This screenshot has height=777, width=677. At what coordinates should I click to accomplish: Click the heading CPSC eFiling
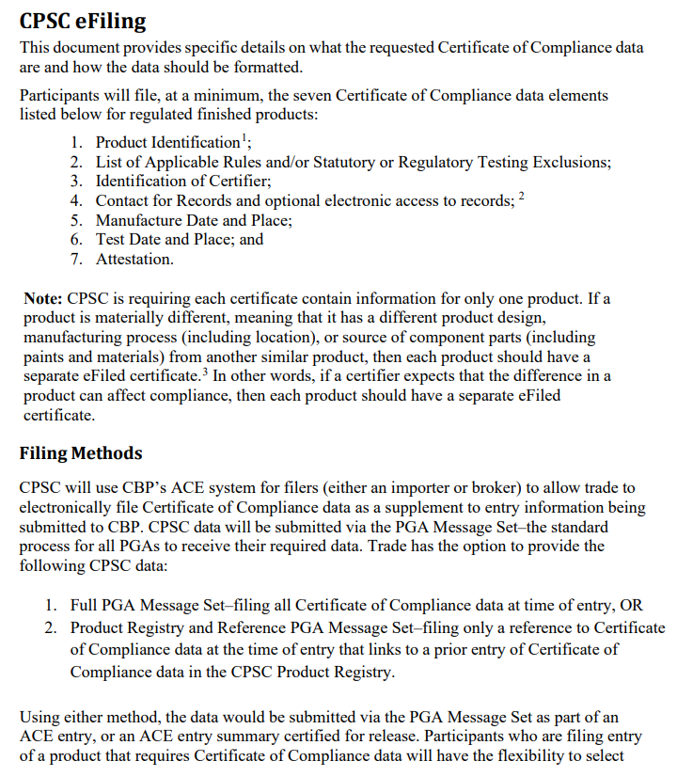coord(83,20)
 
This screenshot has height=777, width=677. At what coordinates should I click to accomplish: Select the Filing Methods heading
coord(81,452)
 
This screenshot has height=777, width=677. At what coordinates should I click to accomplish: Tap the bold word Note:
coord(42,299)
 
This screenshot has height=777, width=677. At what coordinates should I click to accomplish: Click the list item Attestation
coord(134,259)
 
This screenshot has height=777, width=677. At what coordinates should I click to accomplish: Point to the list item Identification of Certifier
coord(183,181)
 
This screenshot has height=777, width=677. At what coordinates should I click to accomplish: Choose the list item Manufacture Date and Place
coord(194,220)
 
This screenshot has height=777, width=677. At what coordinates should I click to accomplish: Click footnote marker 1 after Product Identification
coord(244,137)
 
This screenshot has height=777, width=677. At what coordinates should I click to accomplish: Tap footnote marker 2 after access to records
coord(522,196)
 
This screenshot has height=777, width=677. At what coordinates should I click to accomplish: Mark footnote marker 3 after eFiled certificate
coord(204,370)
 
